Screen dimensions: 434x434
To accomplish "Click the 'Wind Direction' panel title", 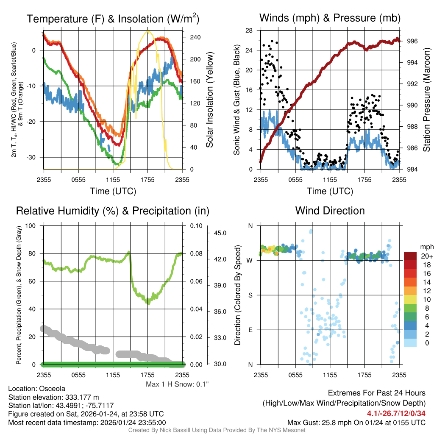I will point(330,211).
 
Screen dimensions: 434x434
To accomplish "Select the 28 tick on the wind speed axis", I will point(249,31).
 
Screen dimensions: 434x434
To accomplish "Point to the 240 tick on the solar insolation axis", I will point(195,37).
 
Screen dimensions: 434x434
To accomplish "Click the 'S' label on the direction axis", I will point(250,295).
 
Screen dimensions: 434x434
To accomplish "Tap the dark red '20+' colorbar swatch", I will point(411,256).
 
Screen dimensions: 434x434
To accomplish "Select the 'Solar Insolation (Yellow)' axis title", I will point(209,100).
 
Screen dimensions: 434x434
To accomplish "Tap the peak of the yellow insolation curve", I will point(148,31).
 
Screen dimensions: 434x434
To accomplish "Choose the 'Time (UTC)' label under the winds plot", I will point(330,191).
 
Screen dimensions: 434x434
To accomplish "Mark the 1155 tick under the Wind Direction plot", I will point(330,375).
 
